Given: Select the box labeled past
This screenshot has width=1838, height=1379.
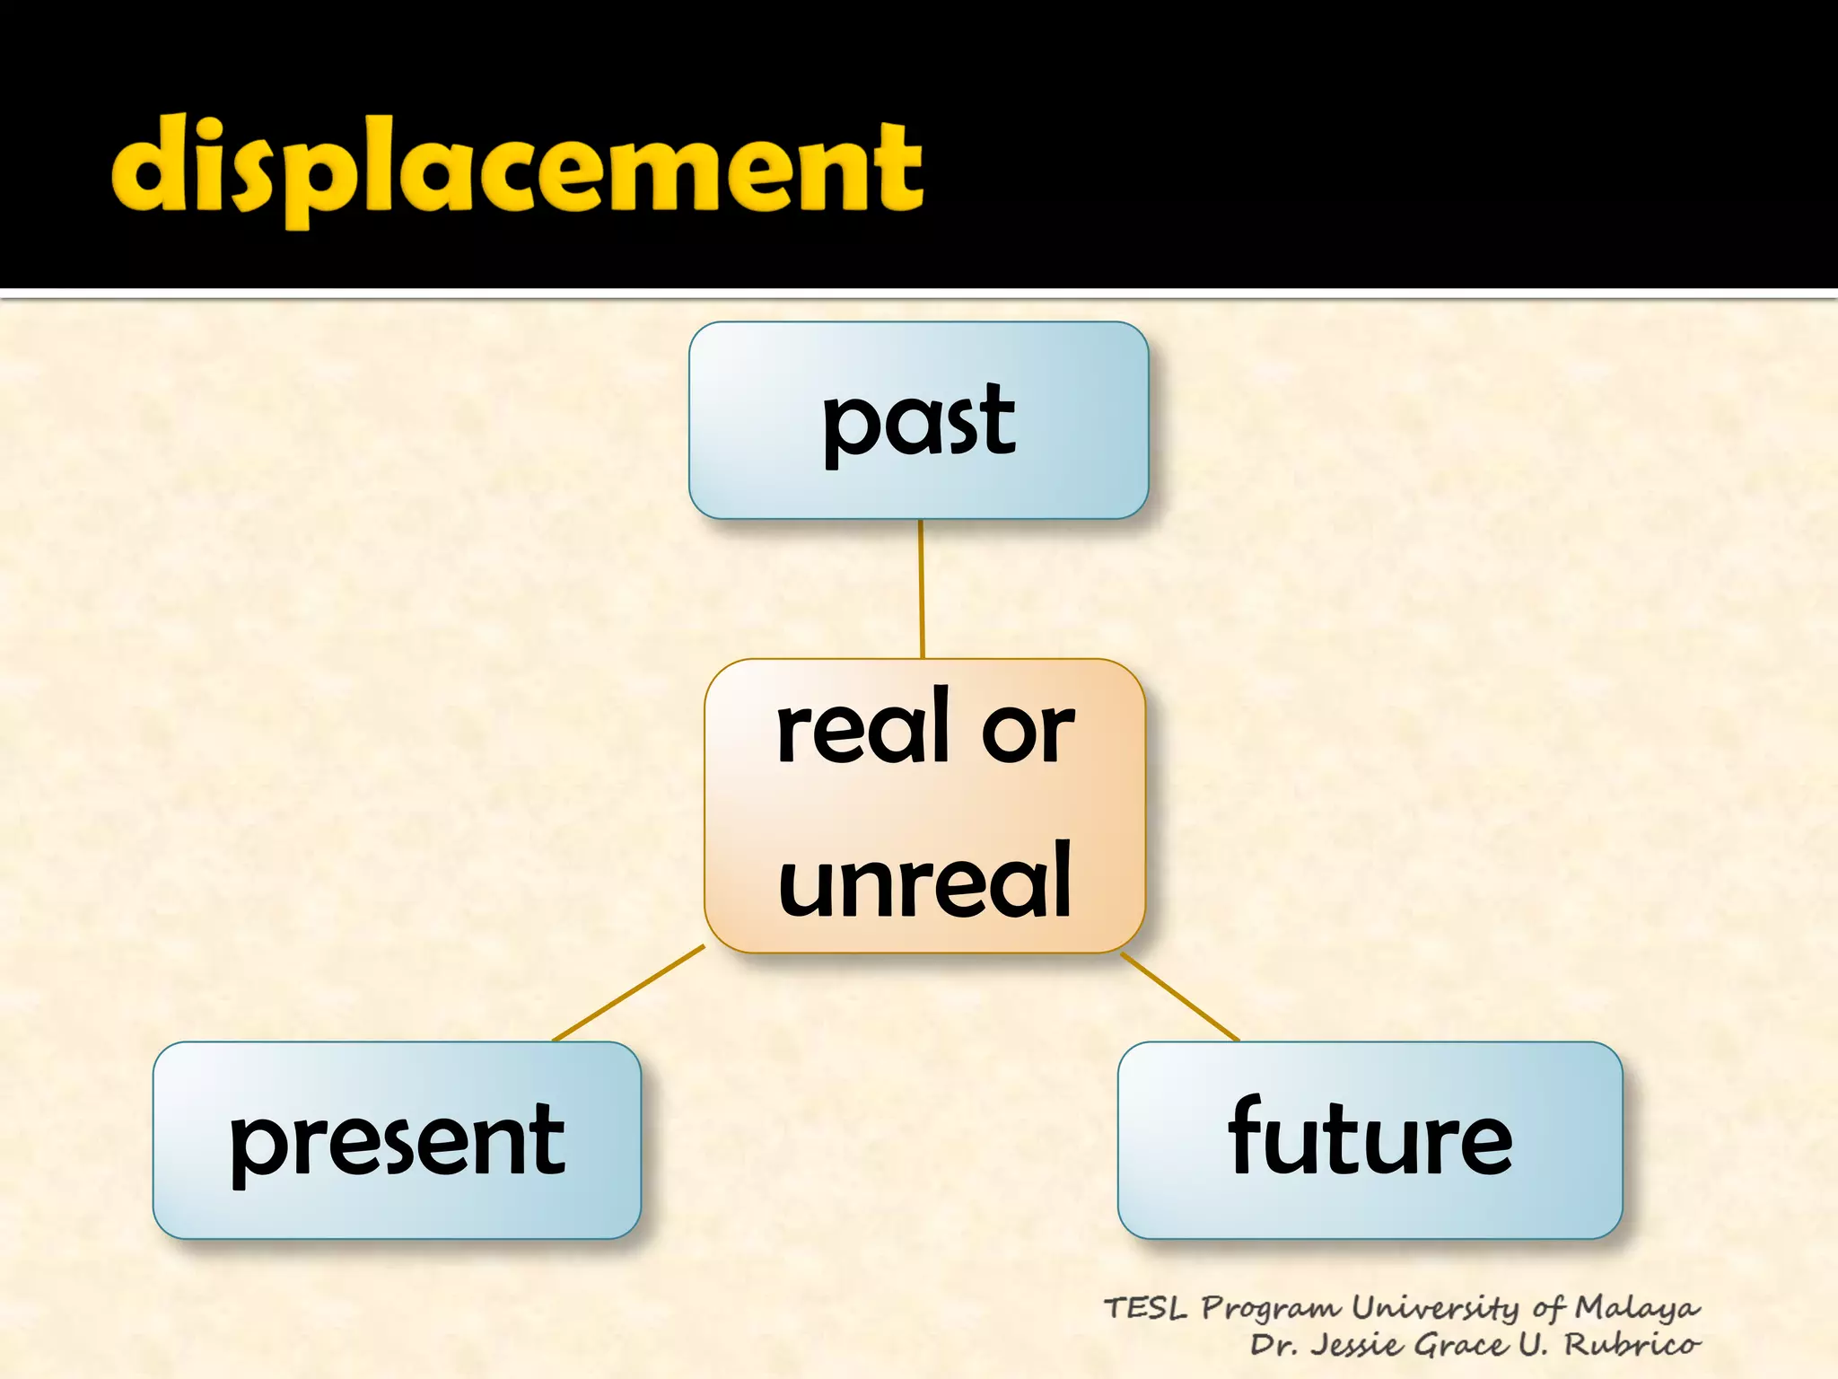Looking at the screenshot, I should pyautogui.click(x=918, y=420).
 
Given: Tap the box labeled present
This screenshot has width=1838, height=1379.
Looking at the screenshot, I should pyautogui.click(x=397, y=1140).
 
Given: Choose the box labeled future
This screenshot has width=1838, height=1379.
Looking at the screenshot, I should pyautogui.click(x=1370, y=1140).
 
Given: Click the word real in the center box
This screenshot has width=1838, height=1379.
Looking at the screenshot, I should pyautogui.click(x=862, y=727).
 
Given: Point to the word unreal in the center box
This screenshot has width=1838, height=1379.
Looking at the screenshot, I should pyautogui.click(x=924, y=882).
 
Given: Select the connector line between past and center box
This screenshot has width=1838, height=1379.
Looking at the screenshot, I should pyautogui.click(x=921, y=588).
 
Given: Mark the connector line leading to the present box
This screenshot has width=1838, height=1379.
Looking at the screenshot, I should pyautogui.click(x=628, y=993).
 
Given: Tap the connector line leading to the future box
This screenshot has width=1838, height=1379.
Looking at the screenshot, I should pyautogui.click(x=1179, y=997).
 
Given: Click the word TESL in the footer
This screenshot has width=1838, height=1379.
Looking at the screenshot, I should pyautogui.click(x=1144, y=1308).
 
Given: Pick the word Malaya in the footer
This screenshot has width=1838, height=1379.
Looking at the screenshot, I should pyautogui.click(x=1637, y=1308).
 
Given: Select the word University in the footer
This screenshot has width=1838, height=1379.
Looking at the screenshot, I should pyautogui.click(x=1436, y=1309).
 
